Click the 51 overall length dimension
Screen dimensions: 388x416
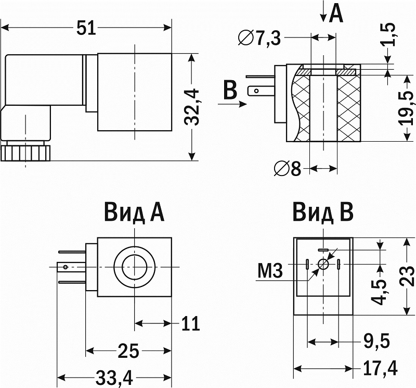[x=87, y=28]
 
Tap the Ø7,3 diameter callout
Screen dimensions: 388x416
[x=259, y=38]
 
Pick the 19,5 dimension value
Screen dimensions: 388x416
[x=407, y=107]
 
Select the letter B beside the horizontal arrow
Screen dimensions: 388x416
[x=229, y=90]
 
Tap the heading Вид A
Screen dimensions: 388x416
[x=134, y=212]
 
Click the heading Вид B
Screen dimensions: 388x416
[x=323, y=212]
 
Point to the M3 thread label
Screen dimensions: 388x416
[x=269, y=271]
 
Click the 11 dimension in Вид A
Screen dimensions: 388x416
[x=190, y=324]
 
